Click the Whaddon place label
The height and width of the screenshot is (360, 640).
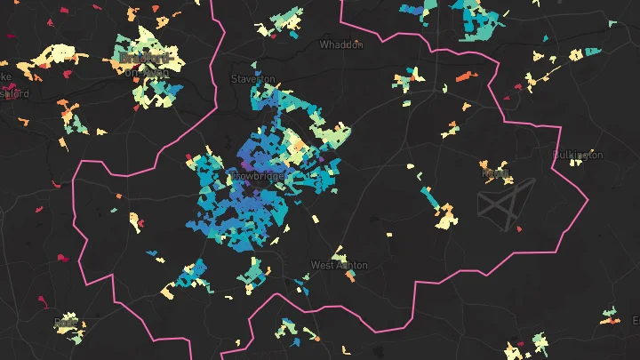[341, 44]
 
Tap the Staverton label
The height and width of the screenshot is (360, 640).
[253, 78]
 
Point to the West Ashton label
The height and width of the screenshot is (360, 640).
[339, 265]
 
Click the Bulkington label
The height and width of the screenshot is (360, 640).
[578, 155]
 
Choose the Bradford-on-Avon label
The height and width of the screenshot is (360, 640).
[143, 64]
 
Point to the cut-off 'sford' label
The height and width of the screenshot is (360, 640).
[15, 93]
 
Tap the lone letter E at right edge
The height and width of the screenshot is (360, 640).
[635, 319]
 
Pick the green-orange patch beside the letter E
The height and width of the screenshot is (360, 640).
[611, 315]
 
